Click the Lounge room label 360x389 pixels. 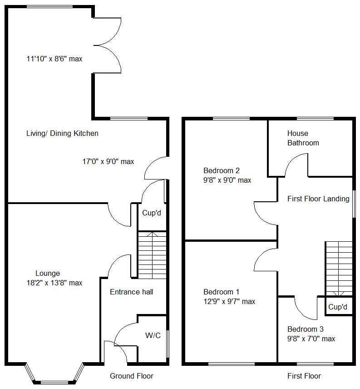(x=48, y=274)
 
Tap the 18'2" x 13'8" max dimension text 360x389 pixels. (x=54, y=283)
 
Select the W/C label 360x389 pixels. (x=153, y=336)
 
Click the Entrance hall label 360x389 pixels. (x=131, y=292)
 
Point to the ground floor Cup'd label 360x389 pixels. (x=152, y=213)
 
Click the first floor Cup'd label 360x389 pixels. (x=338, y=307)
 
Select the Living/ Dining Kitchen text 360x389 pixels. (x=62, y=134)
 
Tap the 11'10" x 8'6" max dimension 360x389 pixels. (x=54, y=59)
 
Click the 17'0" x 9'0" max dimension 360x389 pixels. (x=108, y=161)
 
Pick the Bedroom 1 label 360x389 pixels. (x=222, y=292)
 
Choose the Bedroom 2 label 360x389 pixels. (x=222, y=171)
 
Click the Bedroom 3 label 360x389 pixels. (x=306, y=329)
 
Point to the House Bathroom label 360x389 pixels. (x=303, y=138)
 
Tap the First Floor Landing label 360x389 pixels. (x=318, y=199)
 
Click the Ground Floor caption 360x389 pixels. (x=132, y=376)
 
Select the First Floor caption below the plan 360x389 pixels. (x=304, y=376)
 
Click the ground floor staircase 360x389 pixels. (x=152, y=255)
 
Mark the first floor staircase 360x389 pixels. (x=339, y=268)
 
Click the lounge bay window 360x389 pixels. (x=54, y=374)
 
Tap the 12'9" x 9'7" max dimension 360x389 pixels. (x=229, y=302)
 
